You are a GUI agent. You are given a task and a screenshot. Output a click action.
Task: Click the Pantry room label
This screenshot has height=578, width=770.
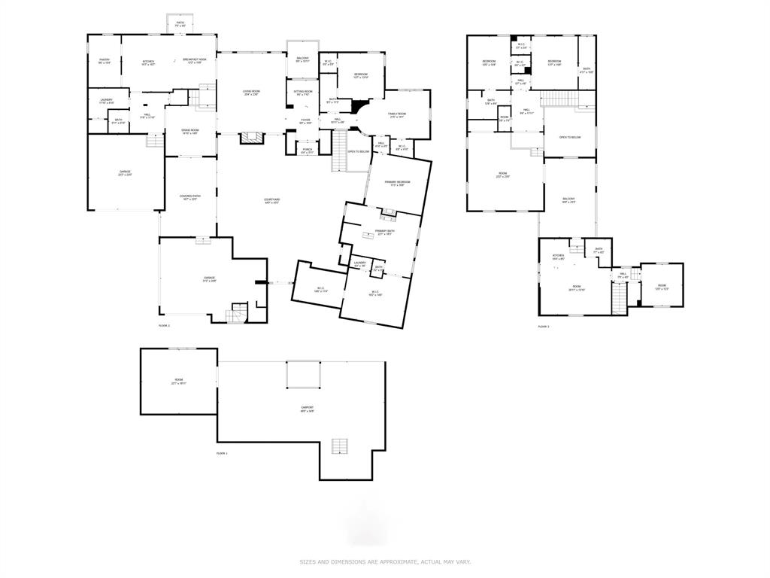[x=105, y=62]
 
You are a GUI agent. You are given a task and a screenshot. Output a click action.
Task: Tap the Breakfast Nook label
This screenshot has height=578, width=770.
[x=198, y=61]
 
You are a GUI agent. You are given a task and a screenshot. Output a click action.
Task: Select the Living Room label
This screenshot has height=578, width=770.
[x=250, y=93]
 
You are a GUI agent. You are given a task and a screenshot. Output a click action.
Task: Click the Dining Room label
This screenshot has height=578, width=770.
[x=189, y=132]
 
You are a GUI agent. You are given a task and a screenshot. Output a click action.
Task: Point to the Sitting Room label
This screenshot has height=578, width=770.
[x=303, y=93]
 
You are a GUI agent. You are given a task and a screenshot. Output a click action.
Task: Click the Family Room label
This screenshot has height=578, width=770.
[x=397, y=115]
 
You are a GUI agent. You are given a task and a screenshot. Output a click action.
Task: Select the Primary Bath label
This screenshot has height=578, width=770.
[x=385, y=233]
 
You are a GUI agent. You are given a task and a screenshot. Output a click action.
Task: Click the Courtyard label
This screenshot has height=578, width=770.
[x=271, y=201]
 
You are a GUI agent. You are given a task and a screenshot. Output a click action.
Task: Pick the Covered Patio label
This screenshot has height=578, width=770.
[x=189, y=197]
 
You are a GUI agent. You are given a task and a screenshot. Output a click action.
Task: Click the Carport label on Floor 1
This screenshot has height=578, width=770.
[x=308, y=409]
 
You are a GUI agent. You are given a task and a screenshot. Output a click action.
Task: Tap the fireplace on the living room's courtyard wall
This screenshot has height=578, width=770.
[x=250, y=138]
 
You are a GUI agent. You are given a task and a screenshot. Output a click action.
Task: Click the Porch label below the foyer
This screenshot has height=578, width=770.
[x=308, y=151]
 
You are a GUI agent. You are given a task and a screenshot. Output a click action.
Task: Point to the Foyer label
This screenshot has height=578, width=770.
[x=305, y=121]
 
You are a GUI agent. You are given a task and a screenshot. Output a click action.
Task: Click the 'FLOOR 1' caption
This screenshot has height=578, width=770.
[x=222, y=453]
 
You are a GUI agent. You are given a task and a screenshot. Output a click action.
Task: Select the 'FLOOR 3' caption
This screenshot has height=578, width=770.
[x=544, y=327]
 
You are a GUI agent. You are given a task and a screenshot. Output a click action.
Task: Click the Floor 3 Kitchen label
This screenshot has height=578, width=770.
[x=558, y=257]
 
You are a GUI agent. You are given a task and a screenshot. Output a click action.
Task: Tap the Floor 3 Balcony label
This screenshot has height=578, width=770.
[x=568, y=200]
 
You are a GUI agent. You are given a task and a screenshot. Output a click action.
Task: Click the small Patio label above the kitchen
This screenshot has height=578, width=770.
[x=180, y=24]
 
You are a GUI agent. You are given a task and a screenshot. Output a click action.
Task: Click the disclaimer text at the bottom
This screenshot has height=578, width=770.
[x=385, y=561]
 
